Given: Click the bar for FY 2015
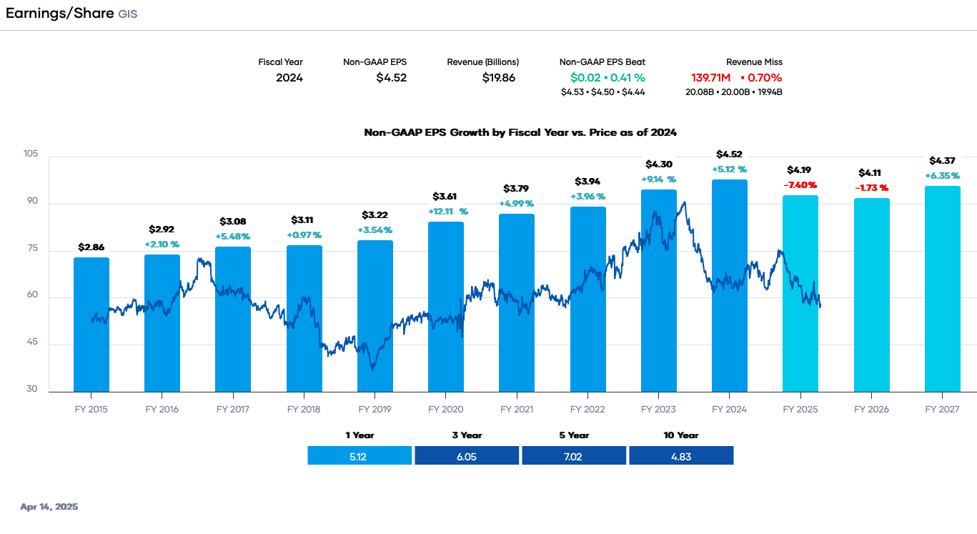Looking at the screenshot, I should tap(91, 325).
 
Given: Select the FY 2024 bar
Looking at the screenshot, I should tap(729, 286).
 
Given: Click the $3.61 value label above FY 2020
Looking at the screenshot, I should tap(445, 197).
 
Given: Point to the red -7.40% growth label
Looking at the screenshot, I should tap(800, 184).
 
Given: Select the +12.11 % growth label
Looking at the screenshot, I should tap(447, 212).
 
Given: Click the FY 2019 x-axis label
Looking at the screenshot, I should tap(375, 410).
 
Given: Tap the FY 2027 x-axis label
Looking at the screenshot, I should tap(942, 410).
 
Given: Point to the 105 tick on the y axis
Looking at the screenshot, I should tap(30, 154).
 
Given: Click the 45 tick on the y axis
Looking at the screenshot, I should tap(32, 344).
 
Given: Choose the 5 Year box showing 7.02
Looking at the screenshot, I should tap(573, 456).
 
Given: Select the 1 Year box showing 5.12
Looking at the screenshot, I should tap(359, 456).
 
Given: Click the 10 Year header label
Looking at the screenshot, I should tap(680, 435).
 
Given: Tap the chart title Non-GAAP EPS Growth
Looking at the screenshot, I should tap(520, 132).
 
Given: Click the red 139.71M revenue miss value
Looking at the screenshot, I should tap(710, 78).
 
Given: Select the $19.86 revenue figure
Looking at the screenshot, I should tap(499, 78).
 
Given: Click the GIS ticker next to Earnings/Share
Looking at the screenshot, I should tap(127, 14).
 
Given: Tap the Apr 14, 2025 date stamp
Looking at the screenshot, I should tap(49, 507).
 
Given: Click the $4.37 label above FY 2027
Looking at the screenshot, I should tap(941, 161).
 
